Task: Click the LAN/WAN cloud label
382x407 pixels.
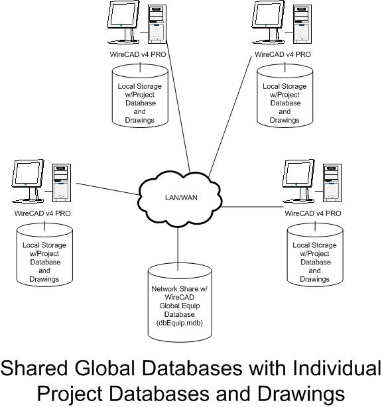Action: coord(181,198)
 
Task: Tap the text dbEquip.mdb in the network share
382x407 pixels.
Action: coord(180,323)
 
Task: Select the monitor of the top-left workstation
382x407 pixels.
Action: coord(123,22)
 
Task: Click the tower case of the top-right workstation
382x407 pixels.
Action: coord(302,24)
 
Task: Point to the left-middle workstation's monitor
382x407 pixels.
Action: coord(28,181)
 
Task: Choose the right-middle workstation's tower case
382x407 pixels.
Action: coord(332,183)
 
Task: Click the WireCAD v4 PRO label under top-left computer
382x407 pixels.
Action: coord(138,54)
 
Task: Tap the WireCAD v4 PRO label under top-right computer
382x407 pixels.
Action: coord(283,54)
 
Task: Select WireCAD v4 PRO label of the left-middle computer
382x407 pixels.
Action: coord(42,213)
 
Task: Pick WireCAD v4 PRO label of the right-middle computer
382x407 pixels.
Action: coord(312,213)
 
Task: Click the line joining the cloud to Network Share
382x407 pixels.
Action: coord(178,249)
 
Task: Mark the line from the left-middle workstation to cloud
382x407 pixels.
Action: coord(108,189)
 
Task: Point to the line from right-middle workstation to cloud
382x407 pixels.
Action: coord(253,207)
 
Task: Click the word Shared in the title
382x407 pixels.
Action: coord(34,368)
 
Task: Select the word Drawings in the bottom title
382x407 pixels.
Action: coord(301,394)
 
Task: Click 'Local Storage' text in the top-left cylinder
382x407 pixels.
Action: coord(140,86)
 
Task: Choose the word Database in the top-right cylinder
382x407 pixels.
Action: coord(285,103)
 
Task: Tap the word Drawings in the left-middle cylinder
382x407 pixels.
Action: coord(44,279)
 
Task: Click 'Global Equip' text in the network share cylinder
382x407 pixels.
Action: coord(180,306)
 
